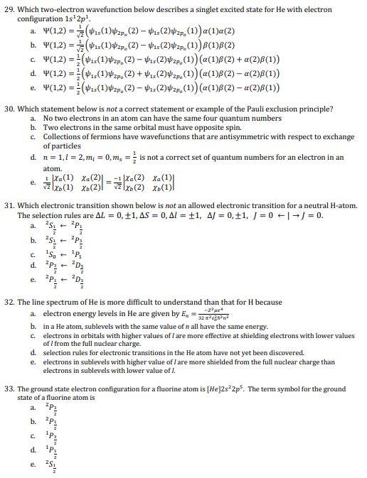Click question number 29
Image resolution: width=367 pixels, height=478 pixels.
click(10, 9)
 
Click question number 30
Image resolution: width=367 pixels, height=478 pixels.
click(10, 109)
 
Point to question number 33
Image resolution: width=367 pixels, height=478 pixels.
click(10, 389)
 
